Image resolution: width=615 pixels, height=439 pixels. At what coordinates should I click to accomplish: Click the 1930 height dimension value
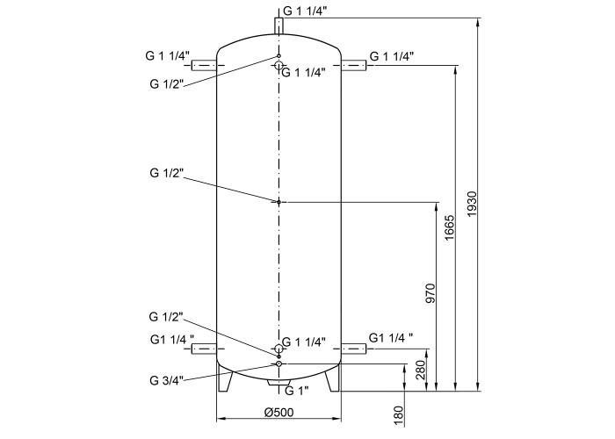tap(472, 205)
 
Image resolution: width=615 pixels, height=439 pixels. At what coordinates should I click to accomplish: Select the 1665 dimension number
tap(449, 227)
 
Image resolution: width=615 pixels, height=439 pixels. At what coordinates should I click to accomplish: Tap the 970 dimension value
tap(430, 293)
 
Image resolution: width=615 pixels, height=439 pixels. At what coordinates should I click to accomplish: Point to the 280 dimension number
tap(421, 370)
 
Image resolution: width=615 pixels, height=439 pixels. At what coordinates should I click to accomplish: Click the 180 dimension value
tap(398, 416)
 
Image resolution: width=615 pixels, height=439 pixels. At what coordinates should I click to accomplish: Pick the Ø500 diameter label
tap(279, 412)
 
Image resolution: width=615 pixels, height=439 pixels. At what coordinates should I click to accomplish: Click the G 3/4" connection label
tap(166, 380)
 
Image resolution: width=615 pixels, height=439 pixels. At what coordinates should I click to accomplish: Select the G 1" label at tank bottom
tap(297, 391)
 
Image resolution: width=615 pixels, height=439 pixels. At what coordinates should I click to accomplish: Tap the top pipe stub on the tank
tap(279, 25)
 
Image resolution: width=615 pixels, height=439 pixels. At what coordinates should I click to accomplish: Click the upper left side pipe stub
tap(204, 66)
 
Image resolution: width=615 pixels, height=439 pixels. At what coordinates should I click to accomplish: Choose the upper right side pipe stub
tap(354, 66)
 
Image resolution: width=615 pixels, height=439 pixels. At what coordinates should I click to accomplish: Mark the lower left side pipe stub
tap(204, 349)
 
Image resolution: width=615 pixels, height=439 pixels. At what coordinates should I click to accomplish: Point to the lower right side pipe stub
tap(354, 349)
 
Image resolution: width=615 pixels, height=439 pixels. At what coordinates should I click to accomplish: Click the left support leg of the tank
tap(225, 377)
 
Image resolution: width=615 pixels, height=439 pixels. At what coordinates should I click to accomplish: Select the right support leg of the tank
tap(333, 377)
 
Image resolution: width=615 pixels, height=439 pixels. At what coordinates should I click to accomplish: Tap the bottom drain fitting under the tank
tap(279, 383)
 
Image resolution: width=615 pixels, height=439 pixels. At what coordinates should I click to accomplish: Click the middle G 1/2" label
tap(166, 173)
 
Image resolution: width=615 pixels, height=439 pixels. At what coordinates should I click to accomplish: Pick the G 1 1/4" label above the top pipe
tap(305, 11)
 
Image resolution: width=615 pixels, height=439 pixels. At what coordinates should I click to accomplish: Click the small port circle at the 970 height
tap(279, 202)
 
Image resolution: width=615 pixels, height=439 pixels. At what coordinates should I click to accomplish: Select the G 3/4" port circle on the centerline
tap(279, 364)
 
